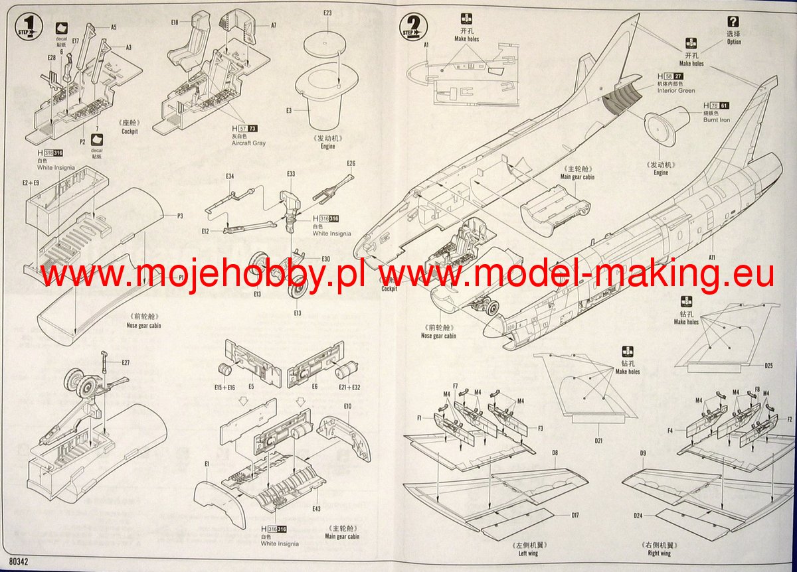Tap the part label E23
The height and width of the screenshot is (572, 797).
click(327, 13)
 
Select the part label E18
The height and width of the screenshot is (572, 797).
click(175, 22)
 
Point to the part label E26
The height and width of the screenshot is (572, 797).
click(351, 163)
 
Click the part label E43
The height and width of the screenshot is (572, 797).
click(315, 508)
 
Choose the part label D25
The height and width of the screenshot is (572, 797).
click(768, 365)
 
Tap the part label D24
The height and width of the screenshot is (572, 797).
click(638, 515)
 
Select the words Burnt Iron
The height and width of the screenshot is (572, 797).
click(716, 121)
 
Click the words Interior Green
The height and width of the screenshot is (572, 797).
click(676, 91)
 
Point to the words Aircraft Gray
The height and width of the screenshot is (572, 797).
click(249, 143)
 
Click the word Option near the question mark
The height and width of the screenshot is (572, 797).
click(734, 42)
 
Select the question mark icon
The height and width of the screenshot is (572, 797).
click(733, 21)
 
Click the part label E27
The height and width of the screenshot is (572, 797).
click(126, 362)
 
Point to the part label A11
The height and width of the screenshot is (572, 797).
click(711, 257)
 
